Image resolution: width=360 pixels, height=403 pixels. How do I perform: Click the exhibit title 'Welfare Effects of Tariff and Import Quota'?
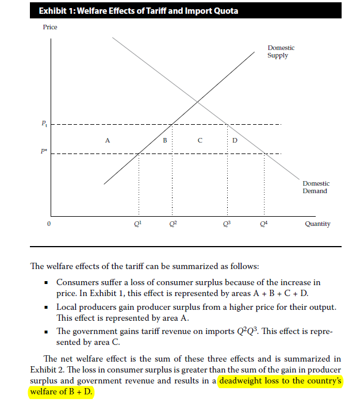[137, 11]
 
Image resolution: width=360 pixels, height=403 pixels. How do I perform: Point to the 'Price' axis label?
[50, 28]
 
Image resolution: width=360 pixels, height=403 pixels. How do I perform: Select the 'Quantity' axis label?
[317, 224]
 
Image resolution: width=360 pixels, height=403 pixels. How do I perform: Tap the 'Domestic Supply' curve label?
[281, 52]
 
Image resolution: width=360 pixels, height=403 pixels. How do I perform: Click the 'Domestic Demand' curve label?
[315, 187]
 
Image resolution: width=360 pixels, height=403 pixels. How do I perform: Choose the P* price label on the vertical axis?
[44, 152]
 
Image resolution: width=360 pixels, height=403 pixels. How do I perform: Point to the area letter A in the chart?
[107, 139]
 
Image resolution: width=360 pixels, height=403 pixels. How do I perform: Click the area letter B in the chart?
[165, 139]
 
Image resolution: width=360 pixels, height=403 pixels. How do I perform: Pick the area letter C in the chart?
[200, 139]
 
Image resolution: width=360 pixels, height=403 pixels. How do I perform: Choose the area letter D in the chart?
[234, 139]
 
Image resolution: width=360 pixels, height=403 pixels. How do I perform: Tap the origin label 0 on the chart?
[49, 224]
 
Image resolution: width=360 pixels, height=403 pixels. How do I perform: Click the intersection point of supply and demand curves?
[197, 102]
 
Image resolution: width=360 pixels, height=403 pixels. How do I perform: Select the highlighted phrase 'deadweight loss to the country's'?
[280, 381]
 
